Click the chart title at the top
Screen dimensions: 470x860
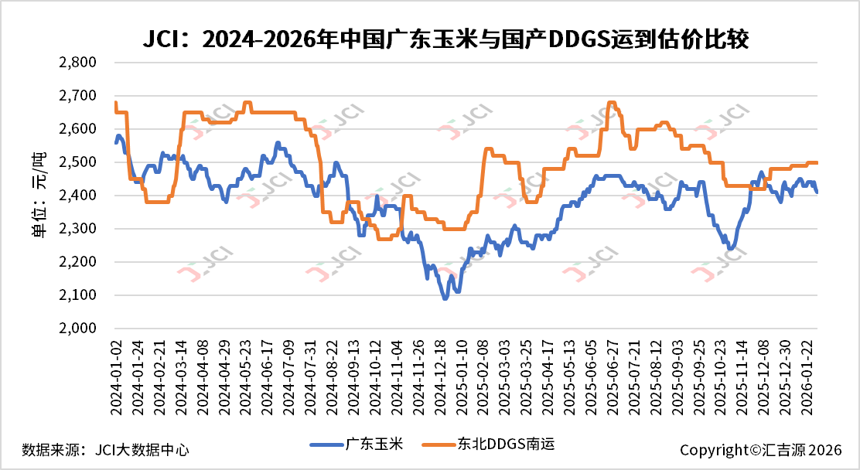pos(445,39)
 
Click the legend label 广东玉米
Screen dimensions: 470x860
pos(374,444)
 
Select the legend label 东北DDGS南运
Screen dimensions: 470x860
pos(506,444)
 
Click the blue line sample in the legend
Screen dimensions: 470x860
pos(326,444)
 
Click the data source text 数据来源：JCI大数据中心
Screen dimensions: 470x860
pos(105,449)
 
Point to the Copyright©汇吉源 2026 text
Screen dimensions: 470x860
pos(760,449)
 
